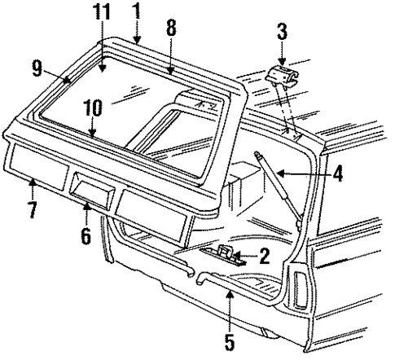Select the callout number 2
click(264, 256)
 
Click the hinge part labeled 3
click(282, 78)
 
